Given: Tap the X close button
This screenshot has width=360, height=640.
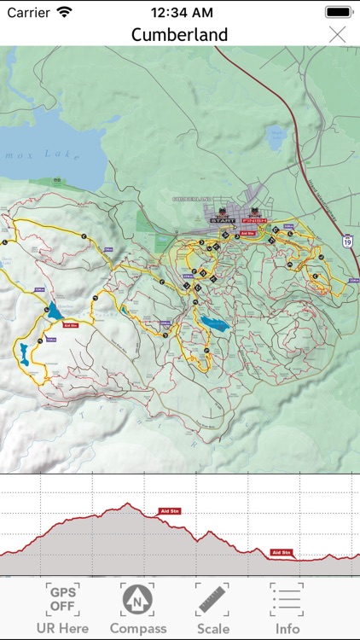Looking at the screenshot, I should pos(338,34).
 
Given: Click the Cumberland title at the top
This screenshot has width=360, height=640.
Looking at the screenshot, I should pos(179,35).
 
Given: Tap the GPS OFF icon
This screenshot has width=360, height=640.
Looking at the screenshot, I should pos(61,599).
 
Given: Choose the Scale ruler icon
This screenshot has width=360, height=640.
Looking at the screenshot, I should pos(212,599).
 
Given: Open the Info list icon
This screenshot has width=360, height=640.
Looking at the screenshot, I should pos(287,599).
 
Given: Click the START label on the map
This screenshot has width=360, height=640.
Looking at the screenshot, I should pos(220,220).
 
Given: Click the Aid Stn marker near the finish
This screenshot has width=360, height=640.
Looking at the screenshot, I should pos(249,231).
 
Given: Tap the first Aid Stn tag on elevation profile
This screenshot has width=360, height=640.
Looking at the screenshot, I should pos(170,511).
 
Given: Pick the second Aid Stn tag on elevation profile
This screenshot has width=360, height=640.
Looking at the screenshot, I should pos(282,552).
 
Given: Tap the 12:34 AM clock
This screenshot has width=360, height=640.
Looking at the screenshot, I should pos(180,14).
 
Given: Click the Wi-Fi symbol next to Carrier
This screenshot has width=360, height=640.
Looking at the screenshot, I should pos(65,14).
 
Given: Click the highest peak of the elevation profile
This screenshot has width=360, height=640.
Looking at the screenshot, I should pos(127,504).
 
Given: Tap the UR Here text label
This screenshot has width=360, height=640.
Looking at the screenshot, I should pos(61,629).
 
